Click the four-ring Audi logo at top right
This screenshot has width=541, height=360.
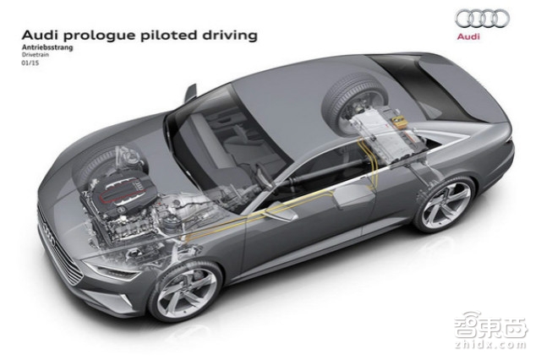[x=482, y=19]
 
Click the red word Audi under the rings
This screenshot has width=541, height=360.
[x=468, y=36]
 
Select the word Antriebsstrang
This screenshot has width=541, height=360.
[x=47, y=47]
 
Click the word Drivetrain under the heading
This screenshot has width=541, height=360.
[x=36, y=54]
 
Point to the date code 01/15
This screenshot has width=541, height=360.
[x=30, y=63]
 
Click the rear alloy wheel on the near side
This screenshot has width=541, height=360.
[x=445, y=205]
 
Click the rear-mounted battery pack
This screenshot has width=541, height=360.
[x=383, y=134]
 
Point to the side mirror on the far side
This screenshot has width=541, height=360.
[x=191, y=92]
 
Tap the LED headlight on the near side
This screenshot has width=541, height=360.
[x=111, y=270]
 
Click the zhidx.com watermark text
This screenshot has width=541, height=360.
[x=491, y=345]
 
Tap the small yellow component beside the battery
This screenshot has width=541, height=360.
[x=400, y=123]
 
